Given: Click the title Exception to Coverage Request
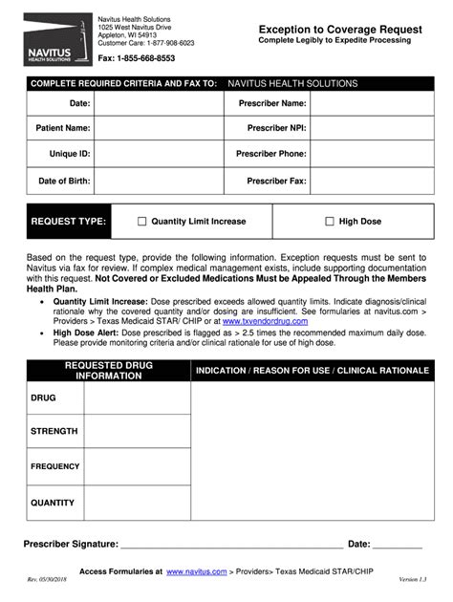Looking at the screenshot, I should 341,29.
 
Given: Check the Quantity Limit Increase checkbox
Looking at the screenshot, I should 142,222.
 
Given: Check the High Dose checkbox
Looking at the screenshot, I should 330,222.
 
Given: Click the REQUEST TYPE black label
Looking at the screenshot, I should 68,222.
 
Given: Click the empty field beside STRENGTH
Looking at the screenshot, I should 137,432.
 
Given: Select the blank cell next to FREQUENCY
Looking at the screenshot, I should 137,467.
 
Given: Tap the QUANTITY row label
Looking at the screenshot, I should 53,503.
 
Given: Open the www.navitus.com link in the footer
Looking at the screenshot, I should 196,571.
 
